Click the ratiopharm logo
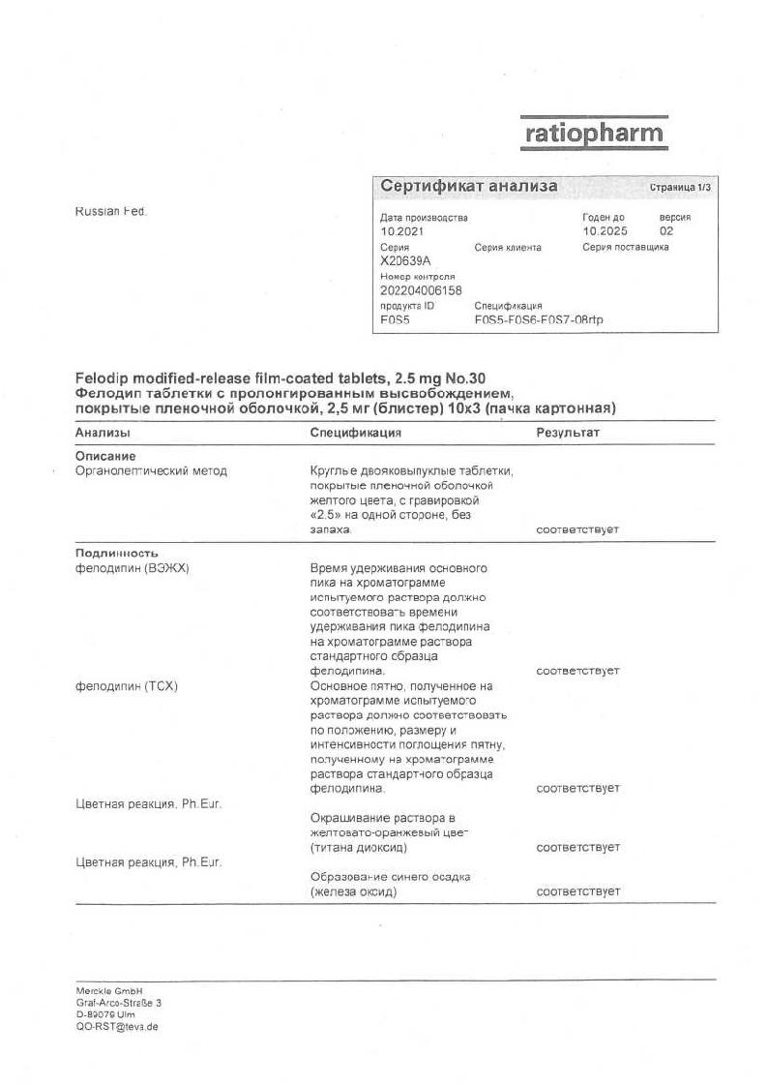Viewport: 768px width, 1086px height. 594,133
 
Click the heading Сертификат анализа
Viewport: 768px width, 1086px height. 468,186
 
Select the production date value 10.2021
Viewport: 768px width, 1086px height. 401,232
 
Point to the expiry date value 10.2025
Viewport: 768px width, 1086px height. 605,232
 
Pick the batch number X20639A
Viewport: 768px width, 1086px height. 405,261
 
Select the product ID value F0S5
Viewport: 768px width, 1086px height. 396,319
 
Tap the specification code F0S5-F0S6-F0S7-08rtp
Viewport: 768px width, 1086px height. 538,319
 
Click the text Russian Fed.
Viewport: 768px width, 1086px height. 110,211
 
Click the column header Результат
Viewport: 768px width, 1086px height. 568,433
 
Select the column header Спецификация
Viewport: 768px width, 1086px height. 355,433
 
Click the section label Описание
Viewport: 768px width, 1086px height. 105,456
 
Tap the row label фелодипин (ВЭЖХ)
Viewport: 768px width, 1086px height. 132,568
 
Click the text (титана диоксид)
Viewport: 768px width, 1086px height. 358,848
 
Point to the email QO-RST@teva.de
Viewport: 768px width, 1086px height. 117,1026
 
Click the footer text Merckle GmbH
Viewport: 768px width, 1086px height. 108,991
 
